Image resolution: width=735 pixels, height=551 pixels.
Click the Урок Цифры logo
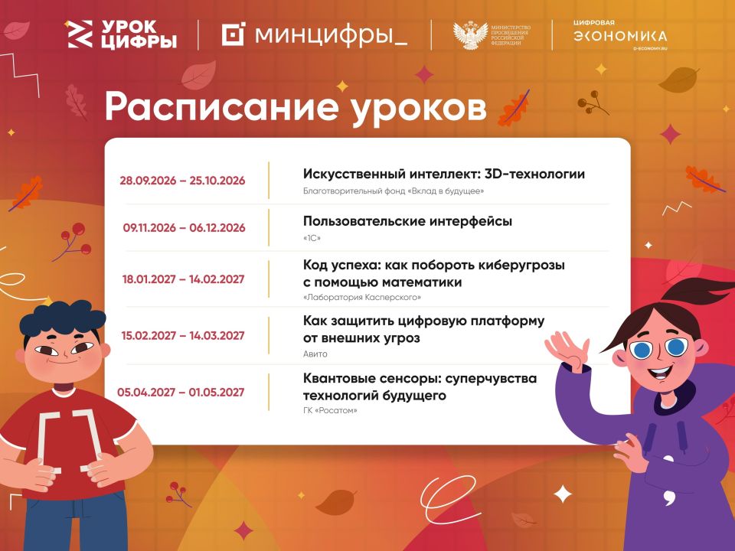click(x=122, y=34)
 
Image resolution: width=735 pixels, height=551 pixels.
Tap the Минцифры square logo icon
click(x=233, y=34)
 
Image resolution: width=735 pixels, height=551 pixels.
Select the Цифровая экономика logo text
click(x=619, y=35)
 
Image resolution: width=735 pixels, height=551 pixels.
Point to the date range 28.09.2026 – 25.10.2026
click(x=182, y=181)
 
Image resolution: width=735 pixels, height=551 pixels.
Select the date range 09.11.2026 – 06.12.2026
click(x=185, y=228)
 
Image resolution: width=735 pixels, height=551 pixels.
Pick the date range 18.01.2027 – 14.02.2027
click(x=183, y=279)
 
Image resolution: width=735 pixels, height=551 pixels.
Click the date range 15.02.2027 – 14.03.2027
click(x=183, y=335)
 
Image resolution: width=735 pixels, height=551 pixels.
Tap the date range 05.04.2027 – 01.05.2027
click(x=181, y=392)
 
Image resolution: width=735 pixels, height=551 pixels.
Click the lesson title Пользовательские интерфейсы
click(x=407, y=221)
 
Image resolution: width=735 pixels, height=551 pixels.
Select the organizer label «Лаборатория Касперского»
click(x=362, y=297)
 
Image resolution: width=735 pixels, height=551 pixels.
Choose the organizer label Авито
click(x=315, y=354)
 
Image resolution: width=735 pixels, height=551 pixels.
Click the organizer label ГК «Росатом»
click(x=330, y=410)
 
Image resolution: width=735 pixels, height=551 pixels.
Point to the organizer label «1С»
click(x=312, y=238)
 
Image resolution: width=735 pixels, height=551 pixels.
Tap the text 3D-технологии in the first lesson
click(x=534, y=174)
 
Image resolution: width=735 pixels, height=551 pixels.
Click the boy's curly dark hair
click(x=62, y=317)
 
